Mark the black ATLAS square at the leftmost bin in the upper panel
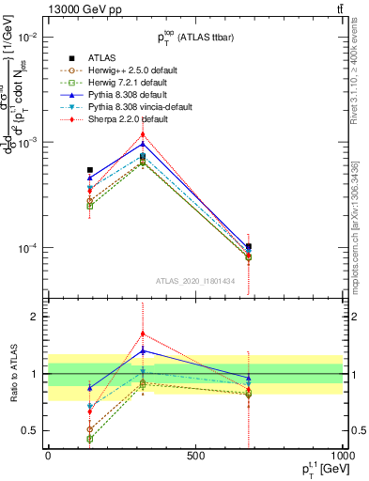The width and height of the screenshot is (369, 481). (x=90, y=169)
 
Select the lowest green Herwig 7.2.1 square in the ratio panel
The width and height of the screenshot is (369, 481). (x=90, y=439)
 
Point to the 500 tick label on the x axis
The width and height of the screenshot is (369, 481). (x=195, y=458)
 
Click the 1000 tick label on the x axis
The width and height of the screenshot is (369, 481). (x=342, y=458)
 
